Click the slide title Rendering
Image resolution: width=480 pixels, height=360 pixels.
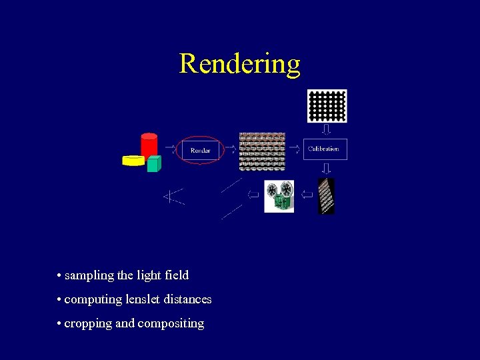[239, 64]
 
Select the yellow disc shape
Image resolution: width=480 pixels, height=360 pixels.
[133, 160]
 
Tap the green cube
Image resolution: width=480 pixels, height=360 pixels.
[154, 163]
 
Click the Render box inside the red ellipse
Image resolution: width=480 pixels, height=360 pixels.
[200, 150]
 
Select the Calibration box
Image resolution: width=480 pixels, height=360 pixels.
[325, 149]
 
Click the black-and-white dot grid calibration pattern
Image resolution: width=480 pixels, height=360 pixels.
[327, 106]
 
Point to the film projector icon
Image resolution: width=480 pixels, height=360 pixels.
[279, 196]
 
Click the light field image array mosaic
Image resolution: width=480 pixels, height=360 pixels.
[262, 151]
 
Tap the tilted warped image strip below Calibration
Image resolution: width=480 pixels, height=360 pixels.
[326, 196]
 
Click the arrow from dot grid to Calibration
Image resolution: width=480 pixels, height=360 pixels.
[326, 130]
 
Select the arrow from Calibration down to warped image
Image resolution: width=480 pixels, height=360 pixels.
[326, 168]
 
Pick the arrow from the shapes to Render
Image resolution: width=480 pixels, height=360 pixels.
[170, 149]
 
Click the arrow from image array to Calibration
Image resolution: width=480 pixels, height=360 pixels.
[295, 149]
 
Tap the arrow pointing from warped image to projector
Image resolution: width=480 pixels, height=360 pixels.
[306, 195]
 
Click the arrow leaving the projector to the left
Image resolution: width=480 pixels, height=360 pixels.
[253, 195]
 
